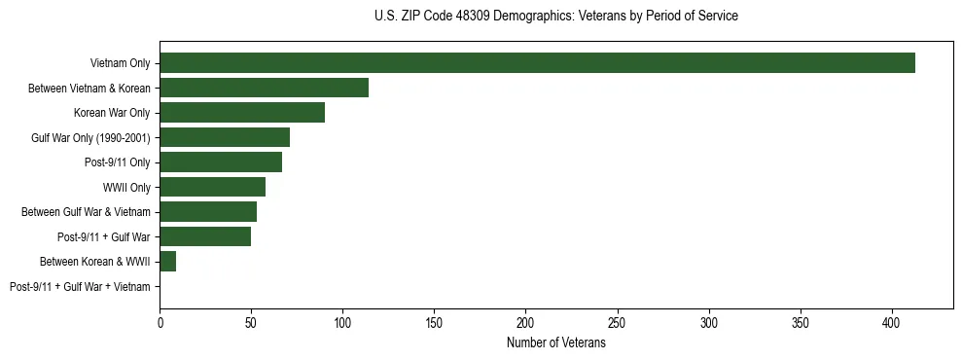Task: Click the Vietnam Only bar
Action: coord(537,63)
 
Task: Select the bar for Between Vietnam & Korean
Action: coord(264,88)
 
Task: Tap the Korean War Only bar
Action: coord(242,113)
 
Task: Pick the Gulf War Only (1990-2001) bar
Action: coord(225,137)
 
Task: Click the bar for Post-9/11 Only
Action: coord(221,162)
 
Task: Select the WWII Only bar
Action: coord(212,187)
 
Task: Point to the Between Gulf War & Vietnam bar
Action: coord(208,212)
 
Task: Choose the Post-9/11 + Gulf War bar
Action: coord(205,236)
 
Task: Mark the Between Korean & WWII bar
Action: coord(168,262)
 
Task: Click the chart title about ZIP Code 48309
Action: coord(555,17)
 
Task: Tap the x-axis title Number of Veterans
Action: coord(555,343)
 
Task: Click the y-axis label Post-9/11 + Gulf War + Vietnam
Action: coord(80,287)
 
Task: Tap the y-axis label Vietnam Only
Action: coord(120,64)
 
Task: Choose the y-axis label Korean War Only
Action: coord(112,114)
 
